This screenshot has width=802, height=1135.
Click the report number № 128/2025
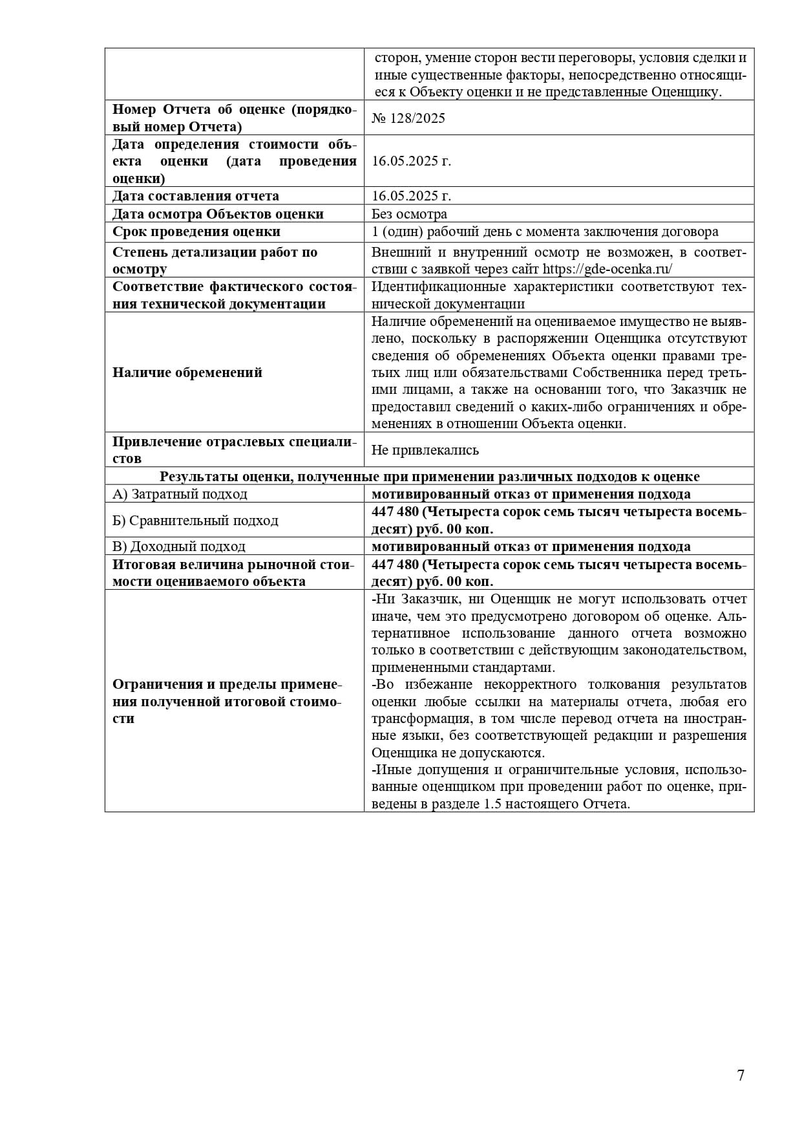(408, 118)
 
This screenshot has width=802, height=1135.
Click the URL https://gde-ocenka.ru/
(607, 269)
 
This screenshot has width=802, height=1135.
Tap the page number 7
(741, 1075)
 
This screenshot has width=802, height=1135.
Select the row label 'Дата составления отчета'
(196, 196)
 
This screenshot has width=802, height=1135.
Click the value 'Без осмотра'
(409, 214)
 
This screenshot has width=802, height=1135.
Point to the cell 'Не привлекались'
(425, 450)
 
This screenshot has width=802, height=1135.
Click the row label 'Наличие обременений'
(187, 373)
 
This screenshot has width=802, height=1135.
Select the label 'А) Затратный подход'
(180, 494)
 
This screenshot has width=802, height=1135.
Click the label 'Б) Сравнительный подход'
(195, 521)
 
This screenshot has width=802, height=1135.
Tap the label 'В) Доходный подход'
(179, 546)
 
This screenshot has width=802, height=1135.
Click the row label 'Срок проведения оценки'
(196, 232)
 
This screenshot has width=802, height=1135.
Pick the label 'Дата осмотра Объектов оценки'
(218, 214)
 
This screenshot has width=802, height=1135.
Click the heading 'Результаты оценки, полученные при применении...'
(429, 477)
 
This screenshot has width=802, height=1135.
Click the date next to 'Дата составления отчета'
(411, 196)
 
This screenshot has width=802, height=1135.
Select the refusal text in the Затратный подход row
(531, 494)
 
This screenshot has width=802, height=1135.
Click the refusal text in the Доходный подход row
(531, 546)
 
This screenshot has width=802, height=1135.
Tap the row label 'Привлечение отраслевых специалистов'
(234, 450)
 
